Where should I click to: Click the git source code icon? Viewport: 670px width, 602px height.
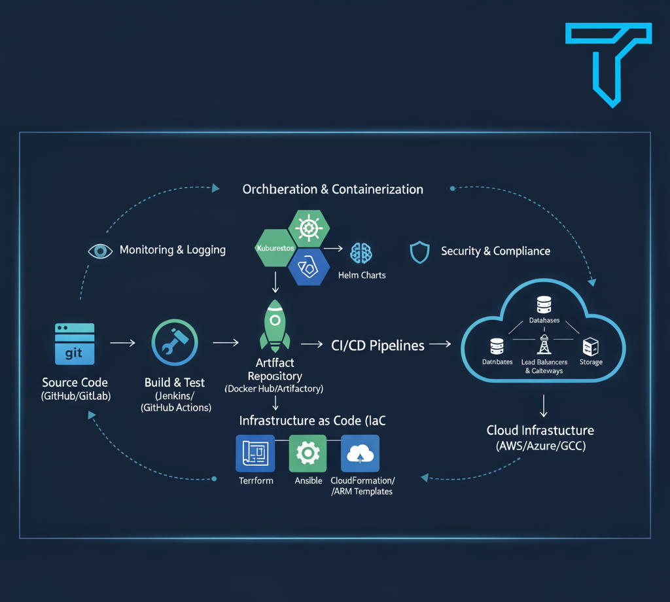75,343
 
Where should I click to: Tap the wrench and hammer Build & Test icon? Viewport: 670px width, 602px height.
175,342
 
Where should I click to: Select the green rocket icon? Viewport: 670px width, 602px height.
275,325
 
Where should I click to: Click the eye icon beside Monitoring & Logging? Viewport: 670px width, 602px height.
100,250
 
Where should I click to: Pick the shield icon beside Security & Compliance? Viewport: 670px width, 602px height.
419,251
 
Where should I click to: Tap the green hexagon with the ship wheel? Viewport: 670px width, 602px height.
309,228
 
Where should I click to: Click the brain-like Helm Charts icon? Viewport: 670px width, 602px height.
361,253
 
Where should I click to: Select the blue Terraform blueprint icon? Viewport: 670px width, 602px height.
255,453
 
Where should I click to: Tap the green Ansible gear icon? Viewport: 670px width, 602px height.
308,453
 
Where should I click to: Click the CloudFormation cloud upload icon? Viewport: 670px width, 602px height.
361,453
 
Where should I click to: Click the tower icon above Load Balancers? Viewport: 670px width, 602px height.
544,344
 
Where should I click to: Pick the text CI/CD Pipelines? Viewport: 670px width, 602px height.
378,345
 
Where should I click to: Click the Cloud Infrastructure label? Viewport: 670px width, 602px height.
540,431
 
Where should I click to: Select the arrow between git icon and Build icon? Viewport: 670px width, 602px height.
122,342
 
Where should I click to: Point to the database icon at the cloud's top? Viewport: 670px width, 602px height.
544,305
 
